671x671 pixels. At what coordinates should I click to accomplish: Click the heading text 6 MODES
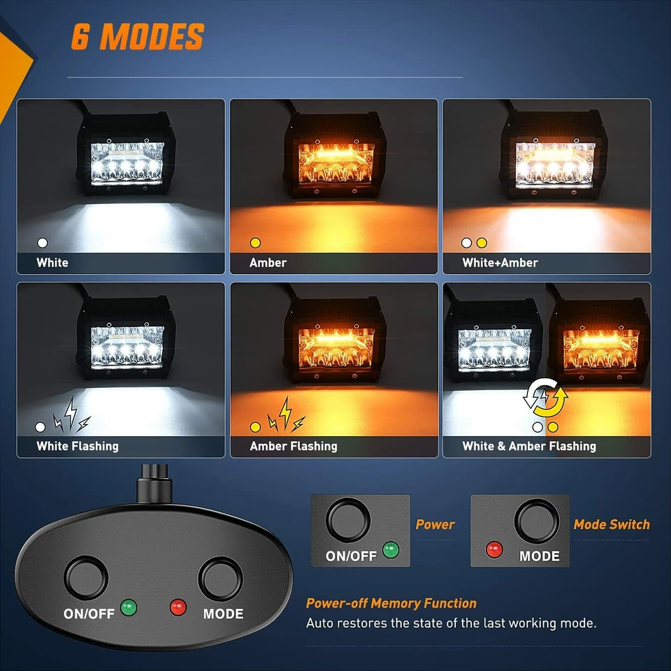(x=137, y=36)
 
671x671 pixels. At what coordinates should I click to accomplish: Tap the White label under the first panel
(x=52, y=263)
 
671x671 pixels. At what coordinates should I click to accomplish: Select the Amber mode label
(x=268, y=263)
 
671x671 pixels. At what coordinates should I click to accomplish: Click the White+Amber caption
(x=500, y=263)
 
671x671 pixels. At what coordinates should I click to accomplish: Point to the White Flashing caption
(x=78, y=446)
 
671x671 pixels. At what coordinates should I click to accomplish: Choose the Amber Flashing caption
(x=294, y=446)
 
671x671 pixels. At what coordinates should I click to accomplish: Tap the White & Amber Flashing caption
(x=529, y=446)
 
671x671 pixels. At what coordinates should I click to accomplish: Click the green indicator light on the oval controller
(x=128, y=607)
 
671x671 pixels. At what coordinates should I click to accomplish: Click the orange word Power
(x=435, y=524)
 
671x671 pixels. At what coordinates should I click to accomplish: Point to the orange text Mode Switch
(x=612, y=524)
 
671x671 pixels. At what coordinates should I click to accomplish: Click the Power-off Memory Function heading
(x=391, y=603)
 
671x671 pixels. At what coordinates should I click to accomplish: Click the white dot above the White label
(x=43, y=243)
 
